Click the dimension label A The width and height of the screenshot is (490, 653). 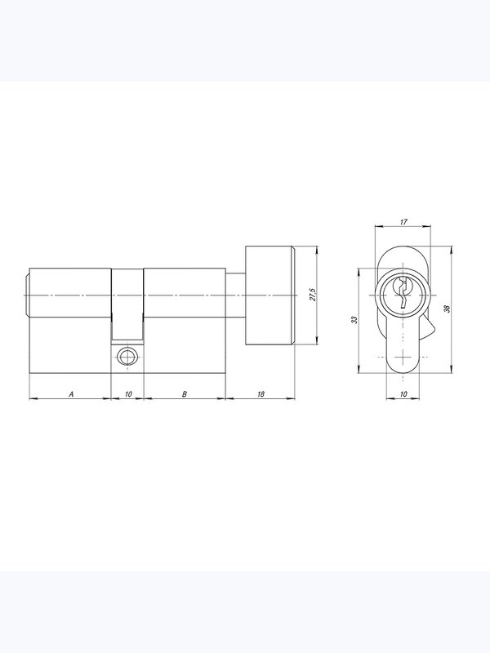(71, 394)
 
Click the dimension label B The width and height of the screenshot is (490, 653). (185, 394)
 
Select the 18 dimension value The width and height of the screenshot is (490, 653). (261, 394)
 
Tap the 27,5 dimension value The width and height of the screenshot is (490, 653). (313, 295)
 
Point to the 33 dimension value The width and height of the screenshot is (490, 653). (354, 320)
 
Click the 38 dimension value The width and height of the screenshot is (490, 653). (448, 309)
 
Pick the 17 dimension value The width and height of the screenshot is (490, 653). (403, 222)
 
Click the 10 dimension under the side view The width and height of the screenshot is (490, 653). (128, 394)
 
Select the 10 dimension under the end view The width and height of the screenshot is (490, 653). (403, 394)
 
